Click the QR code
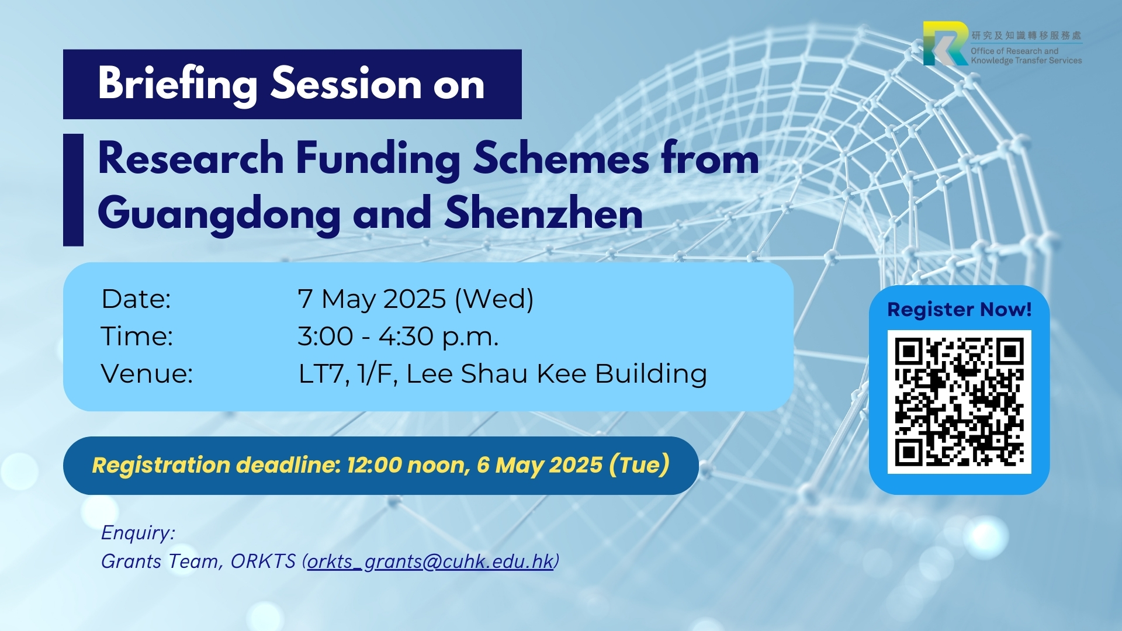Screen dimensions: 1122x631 click(x=959, y=402)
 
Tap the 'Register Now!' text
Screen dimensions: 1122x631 click(x=959, y=309)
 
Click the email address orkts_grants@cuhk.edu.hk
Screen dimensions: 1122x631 click(x=430, y=561)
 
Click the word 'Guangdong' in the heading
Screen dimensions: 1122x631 click(x=219, y=214)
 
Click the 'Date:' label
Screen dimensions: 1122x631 click(x=136, y=299)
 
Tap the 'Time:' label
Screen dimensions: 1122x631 click(x=137, y=336)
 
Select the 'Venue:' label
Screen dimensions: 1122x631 click(x=147, y=373)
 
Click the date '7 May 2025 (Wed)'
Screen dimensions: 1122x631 click(x=415, y=299)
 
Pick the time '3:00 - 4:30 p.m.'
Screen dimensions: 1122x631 click(x=398, y=337)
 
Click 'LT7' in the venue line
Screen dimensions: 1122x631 click(x=321, y=374)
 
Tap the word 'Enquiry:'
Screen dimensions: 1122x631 click(x=138, y=533)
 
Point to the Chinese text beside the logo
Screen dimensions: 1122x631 click(x=1026, y=36)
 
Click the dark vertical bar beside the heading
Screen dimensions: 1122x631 click(x=73, y=190)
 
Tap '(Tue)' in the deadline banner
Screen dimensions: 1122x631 click(x=639, y=465)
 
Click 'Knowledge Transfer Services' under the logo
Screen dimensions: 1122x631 click(x=1026, y=60)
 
